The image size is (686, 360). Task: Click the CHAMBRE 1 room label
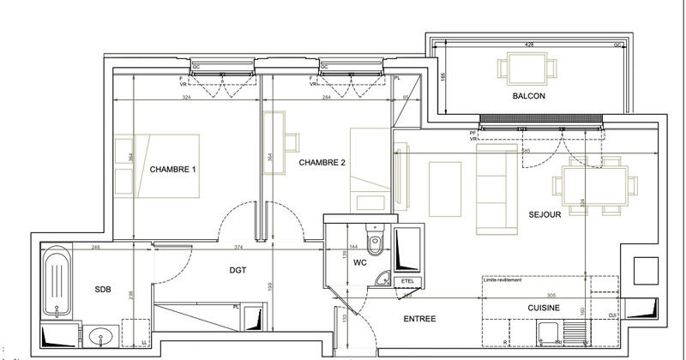173,170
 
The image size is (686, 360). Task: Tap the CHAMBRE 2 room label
322,162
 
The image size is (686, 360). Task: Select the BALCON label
529,96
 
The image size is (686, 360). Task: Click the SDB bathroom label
103,289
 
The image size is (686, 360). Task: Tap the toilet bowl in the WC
374,236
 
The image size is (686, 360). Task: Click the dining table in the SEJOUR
594,183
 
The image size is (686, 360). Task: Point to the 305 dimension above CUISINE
551,293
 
